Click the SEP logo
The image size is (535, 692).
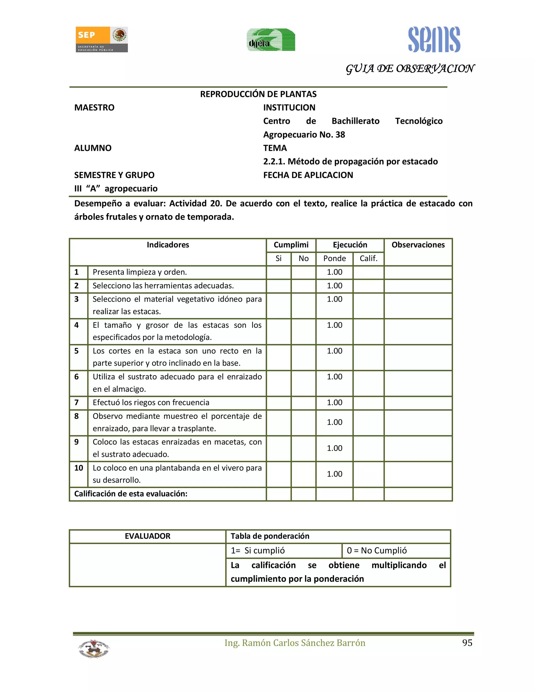pyautogui.click(x=101, y=39)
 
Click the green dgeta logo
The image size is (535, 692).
pyautogui.click(x=271, y=40)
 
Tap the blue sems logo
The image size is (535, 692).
pyautogui.click(x=434, y=40)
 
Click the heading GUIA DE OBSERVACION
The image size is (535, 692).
pyautogui.click(x=410, y=69)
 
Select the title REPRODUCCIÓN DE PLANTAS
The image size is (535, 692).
pyautogui.click(x=258, y=94)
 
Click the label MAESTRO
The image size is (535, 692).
pyautogui.click(x=94, y=108)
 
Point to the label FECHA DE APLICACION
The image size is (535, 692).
pyautogui.click(x=308, y=175)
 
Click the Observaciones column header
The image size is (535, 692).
pyautogui.click(x=418, y=245)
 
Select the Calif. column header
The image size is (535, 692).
pyautogui.click(x=368, y=259)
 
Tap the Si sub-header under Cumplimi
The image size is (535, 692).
pyautogui.click(x=278, y=259)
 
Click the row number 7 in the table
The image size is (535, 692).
pyautogui.click(x=76, y=403)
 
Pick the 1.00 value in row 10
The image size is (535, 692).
pyautogui.click(x=334, y=474)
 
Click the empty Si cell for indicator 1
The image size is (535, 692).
pyautogui.click(x=278, y=272)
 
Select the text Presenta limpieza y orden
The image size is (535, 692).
pyautogui.click(x=140, y=272)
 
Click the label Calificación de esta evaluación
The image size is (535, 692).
pyautogui.click(x=131, y=494)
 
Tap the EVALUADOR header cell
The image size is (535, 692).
pyautogui.click(x=147, y=536)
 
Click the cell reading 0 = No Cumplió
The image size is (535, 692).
pyautogui.click(x=376, y=551)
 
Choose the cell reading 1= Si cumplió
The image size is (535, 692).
pyautogui.click(x=258, y=551)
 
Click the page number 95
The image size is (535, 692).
pyautogui.click(x=467, y=643)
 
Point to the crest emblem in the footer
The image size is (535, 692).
pyautogui.click(x=94, y=649)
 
